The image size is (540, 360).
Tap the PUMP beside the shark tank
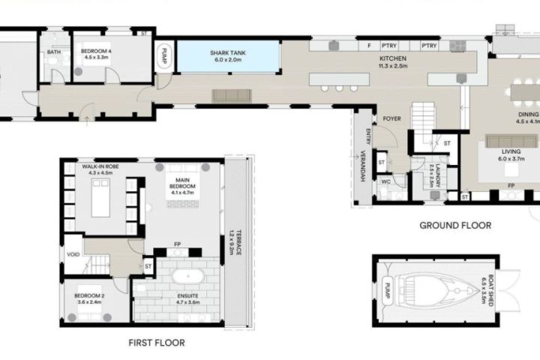click(164, 56)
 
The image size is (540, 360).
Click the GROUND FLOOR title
click(455, 226)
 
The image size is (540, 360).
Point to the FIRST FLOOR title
click(157, 343)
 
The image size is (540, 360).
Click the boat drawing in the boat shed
click(437, 291)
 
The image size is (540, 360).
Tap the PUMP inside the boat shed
click(388, 291)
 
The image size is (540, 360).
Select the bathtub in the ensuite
click(188, 276)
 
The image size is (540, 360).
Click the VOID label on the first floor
click(73, 254)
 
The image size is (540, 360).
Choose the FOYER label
click(392, 118)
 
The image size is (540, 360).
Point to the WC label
click(385, 182)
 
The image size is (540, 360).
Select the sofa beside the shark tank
click(232, 95)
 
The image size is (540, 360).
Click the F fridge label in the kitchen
click(369, 46)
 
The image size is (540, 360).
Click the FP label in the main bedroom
click(177, 244)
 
